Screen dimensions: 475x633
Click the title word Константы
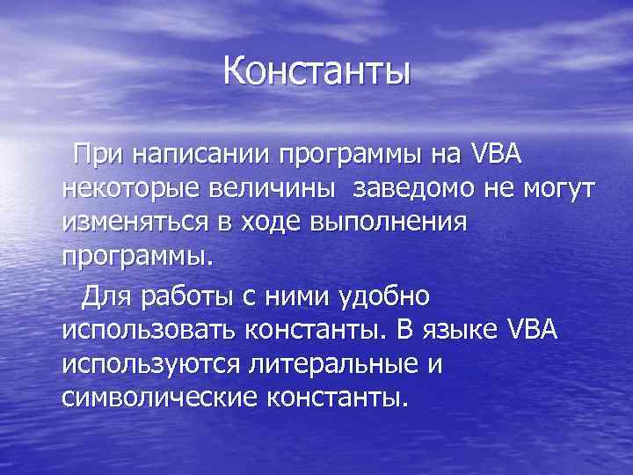pyautogui.click(x=316, y=71)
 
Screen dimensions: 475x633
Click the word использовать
pyautogui.click(x=149, y=331)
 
